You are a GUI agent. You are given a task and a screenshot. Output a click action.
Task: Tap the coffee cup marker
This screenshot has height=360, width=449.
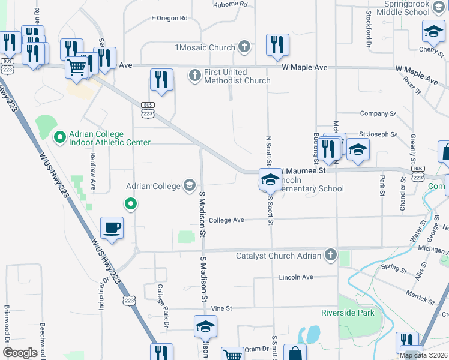[112, 228]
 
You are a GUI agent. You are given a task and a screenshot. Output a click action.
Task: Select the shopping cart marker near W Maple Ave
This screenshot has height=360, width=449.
[77, 67]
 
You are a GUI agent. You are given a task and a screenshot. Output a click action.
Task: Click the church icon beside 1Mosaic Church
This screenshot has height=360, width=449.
[244, 46]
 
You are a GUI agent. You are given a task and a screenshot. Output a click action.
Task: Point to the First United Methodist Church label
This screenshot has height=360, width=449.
[237, 76]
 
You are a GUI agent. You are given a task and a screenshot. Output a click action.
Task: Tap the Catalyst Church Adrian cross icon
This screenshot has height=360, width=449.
[330, 256]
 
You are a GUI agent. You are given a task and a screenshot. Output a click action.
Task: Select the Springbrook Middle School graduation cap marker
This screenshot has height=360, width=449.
[433, 31]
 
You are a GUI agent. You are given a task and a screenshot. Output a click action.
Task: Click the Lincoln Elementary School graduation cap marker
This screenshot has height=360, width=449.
[270, 179]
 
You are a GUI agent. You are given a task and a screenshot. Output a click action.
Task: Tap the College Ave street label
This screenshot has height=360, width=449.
[226, 220]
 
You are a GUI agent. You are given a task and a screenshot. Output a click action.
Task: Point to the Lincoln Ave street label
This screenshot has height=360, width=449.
[296, 277]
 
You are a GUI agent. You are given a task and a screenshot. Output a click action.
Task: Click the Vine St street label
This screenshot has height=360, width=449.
[221, 308]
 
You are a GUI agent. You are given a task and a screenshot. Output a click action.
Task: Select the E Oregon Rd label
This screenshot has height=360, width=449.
[169, 18]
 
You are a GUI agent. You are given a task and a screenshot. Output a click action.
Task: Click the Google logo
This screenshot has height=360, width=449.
[19, 352]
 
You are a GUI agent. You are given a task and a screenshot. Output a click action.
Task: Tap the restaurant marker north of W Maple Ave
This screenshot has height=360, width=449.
[277, 44]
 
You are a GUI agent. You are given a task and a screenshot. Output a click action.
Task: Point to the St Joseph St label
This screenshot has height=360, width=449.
[378, 134]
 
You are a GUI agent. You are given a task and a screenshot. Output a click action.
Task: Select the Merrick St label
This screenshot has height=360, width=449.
[420, 295]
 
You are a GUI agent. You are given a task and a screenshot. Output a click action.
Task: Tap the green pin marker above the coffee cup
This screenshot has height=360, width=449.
[130, 205]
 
